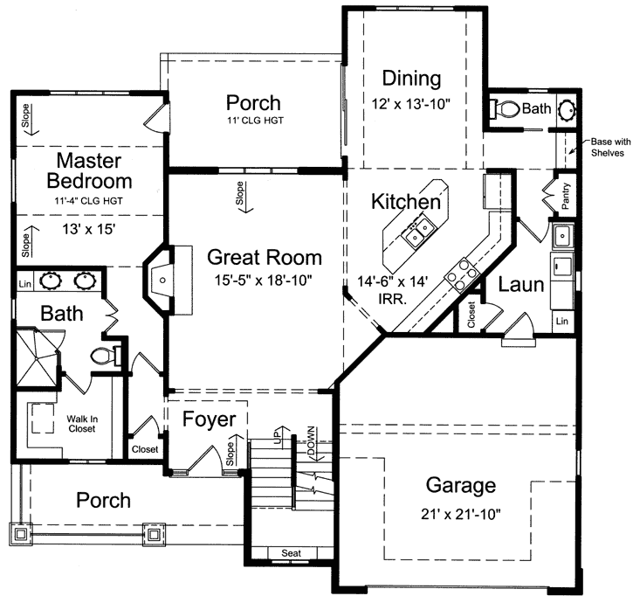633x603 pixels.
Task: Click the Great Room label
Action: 264,258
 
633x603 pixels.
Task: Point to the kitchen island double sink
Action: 416,233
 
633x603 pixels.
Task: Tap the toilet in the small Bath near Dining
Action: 504,109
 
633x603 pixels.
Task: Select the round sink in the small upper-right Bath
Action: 566,110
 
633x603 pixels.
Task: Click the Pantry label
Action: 566,198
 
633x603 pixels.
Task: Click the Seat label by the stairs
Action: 291,553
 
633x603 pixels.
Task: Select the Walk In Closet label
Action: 81,424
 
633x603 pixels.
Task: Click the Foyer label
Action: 209,419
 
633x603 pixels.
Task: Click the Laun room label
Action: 522,284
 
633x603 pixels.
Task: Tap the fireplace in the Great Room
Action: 162,280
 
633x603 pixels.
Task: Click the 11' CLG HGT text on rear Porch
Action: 253,121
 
